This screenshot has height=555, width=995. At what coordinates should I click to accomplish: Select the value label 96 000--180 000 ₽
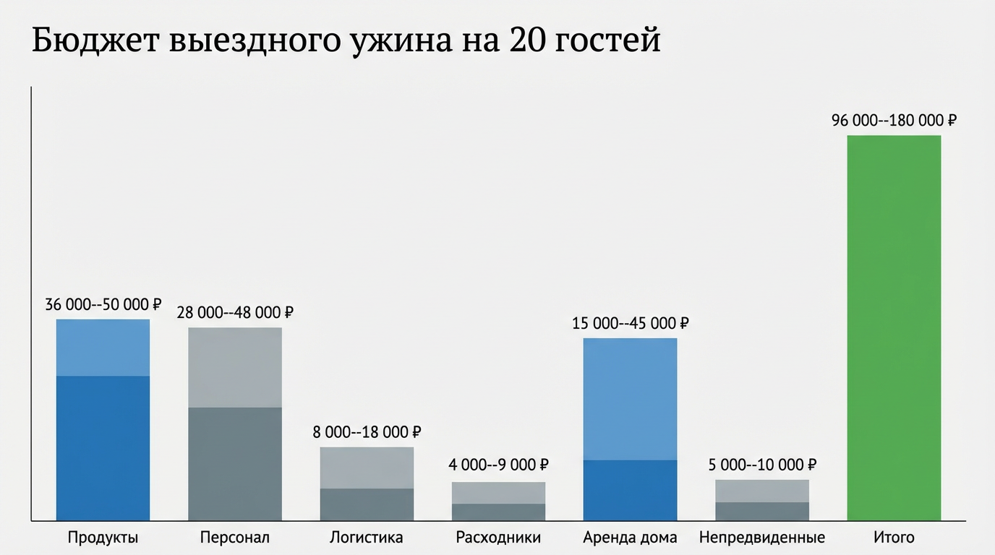coord(894,121)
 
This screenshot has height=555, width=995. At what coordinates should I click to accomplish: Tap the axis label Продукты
coord(103,538)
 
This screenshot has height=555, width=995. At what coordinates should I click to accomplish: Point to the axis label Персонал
coord(234,538)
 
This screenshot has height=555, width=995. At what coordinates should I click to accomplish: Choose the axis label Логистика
coord(366,538)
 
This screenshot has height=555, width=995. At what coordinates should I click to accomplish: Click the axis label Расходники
coord(498,538)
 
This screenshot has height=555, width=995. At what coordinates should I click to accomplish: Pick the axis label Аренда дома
coord(630,538)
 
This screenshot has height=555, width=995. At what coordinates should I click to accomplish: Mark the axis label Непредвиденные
coord(762,538)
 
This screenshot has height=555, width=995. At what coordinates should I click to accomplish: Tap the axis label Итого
coord(894,538)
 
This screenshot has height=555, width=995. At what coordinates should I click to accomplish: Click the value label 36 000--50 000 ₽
coord(103,305)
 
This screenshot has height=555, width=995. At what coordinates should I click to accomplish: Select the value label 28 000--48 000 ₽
coord(234,313)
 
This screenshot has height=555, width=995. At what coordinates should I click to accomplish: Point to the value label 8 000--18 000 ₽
coord(366,432)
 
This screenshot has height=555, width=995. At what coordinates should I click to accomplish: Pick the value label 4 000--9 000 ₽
coord(498,465)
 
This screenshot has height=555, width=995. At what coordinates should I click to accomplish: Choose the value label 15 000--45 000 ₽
coord(630,323)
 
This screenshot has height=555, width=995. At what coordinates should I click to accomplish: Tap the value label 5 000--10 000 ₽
coord(762,465)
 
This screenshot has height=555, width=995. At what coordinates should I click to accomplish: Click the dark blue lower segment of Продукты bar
coord(103,448)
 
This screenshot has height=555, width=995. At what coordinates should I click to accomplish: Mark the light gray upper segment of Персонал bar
coord(234,367)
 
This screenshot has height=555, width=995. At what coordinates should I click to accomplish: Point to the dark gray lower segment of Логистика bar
coord(366,504)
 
